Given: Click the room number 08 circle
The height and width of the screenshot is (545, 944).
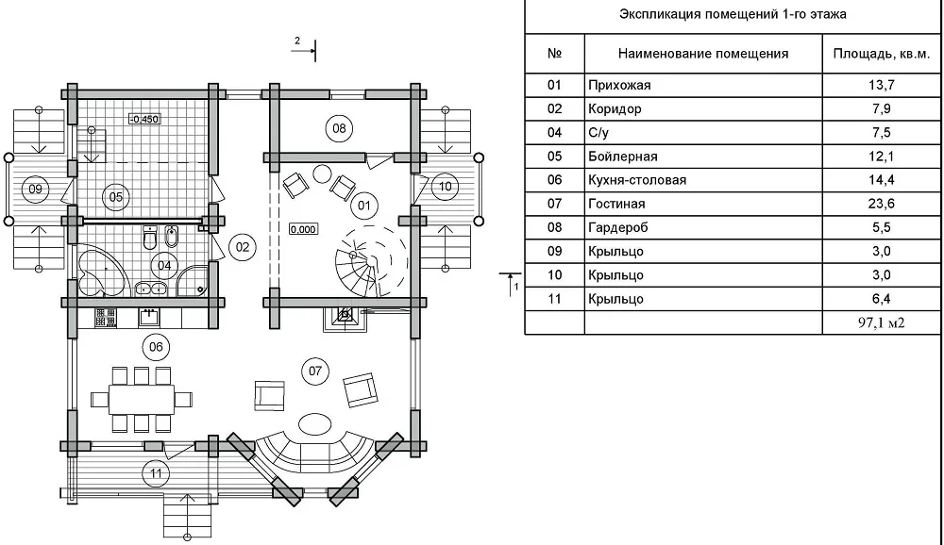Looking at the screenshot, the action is pos(339,128).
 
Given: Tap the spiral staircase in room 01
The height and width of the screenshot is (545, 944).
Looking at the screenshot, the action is pos(363,262).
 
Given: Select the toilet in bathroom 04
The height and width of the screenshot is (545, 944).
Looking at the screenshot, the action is pos(150,239).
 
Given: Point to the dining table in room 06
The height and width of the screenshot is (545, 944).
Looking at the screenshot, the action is pos(142,400).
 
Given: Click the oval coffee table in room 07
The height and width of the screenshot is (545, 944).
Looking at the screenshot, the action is pos(315,423).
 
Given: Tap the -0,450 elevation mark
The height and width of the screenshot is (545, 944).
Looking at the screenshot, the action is pos(144,119).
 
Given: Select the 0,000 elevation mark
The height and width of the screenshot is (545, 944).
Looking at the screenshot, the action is pos(303,229).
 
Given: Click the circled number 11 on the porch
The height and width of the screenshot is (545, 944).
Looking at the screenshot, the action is pos(156,473).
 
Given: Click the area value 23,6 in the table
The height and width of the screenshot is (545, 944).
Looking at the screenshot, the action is pos(882,204).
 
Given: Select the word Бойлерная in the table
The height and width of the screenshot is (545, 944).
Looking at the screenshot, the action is pos(622,157).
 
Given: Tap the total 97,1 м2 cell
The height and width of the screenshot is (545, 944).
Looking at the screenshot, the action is pos(882,322).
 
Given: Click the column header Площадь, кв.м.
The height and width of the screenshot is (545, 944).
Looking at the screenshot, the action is pos(882,54).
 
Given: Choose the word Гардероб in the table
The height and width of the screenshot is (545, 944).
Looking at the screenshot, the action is pos(617,227).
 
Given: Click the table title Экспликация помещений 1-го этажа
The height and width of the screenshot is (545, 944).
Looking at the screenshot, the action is pos(733,14).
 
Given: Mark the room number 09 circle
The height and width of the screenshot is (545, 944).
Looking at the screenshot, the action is pos(36,189).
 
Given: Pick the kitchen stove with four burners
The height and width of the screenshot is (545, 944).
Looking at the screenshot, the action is pos(106,318).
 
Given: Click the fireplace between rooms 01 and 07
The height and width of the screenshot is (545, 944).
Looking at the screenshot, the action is pos(345,318).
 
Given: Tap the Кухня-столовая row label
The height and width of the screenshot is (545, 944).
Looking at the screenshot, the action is pos(637,180).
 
